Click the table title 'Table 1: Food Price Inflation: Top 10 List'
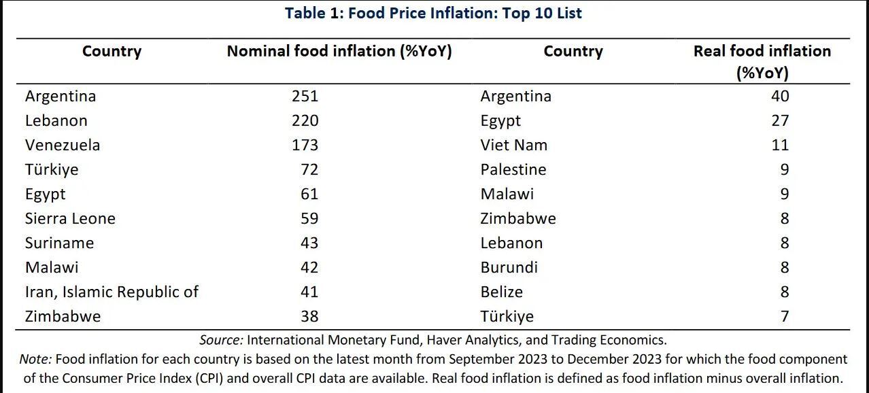[x=433, y=13]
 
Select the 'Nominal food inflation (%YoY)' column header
[x=339, y=52]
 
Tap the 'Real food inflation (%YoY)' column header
[x=762, y=61]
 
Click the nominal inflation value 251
[x=305, y=96]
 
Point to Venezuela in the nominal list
[x=63, y=145]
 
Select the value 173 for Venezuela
[x=305, y=145]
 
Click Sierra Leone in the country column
[x=70, y=218]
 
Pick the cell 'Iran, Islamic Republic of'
[x=112, y=292]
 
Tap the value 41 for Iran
[x=309, y=292]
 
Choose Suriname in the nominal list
[x=59, y=243]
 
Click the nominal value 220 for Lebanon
[x=305, y=120]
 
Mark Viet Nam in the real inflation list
[x=513, y=145]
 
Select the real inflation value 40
[x=780, y=96]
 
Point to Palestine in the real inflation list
[x=513, y=169]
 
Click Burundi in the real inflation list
[x=509, y=267]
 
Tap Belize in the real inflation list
[x=502, y=292]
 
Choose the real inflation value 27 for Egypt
[x=780, y=120]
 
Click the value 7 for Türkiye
[x=785, y=316]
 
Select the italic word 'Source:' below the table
[x=221, y=340]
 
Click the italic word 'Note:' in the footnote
[x=36, y=359]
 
